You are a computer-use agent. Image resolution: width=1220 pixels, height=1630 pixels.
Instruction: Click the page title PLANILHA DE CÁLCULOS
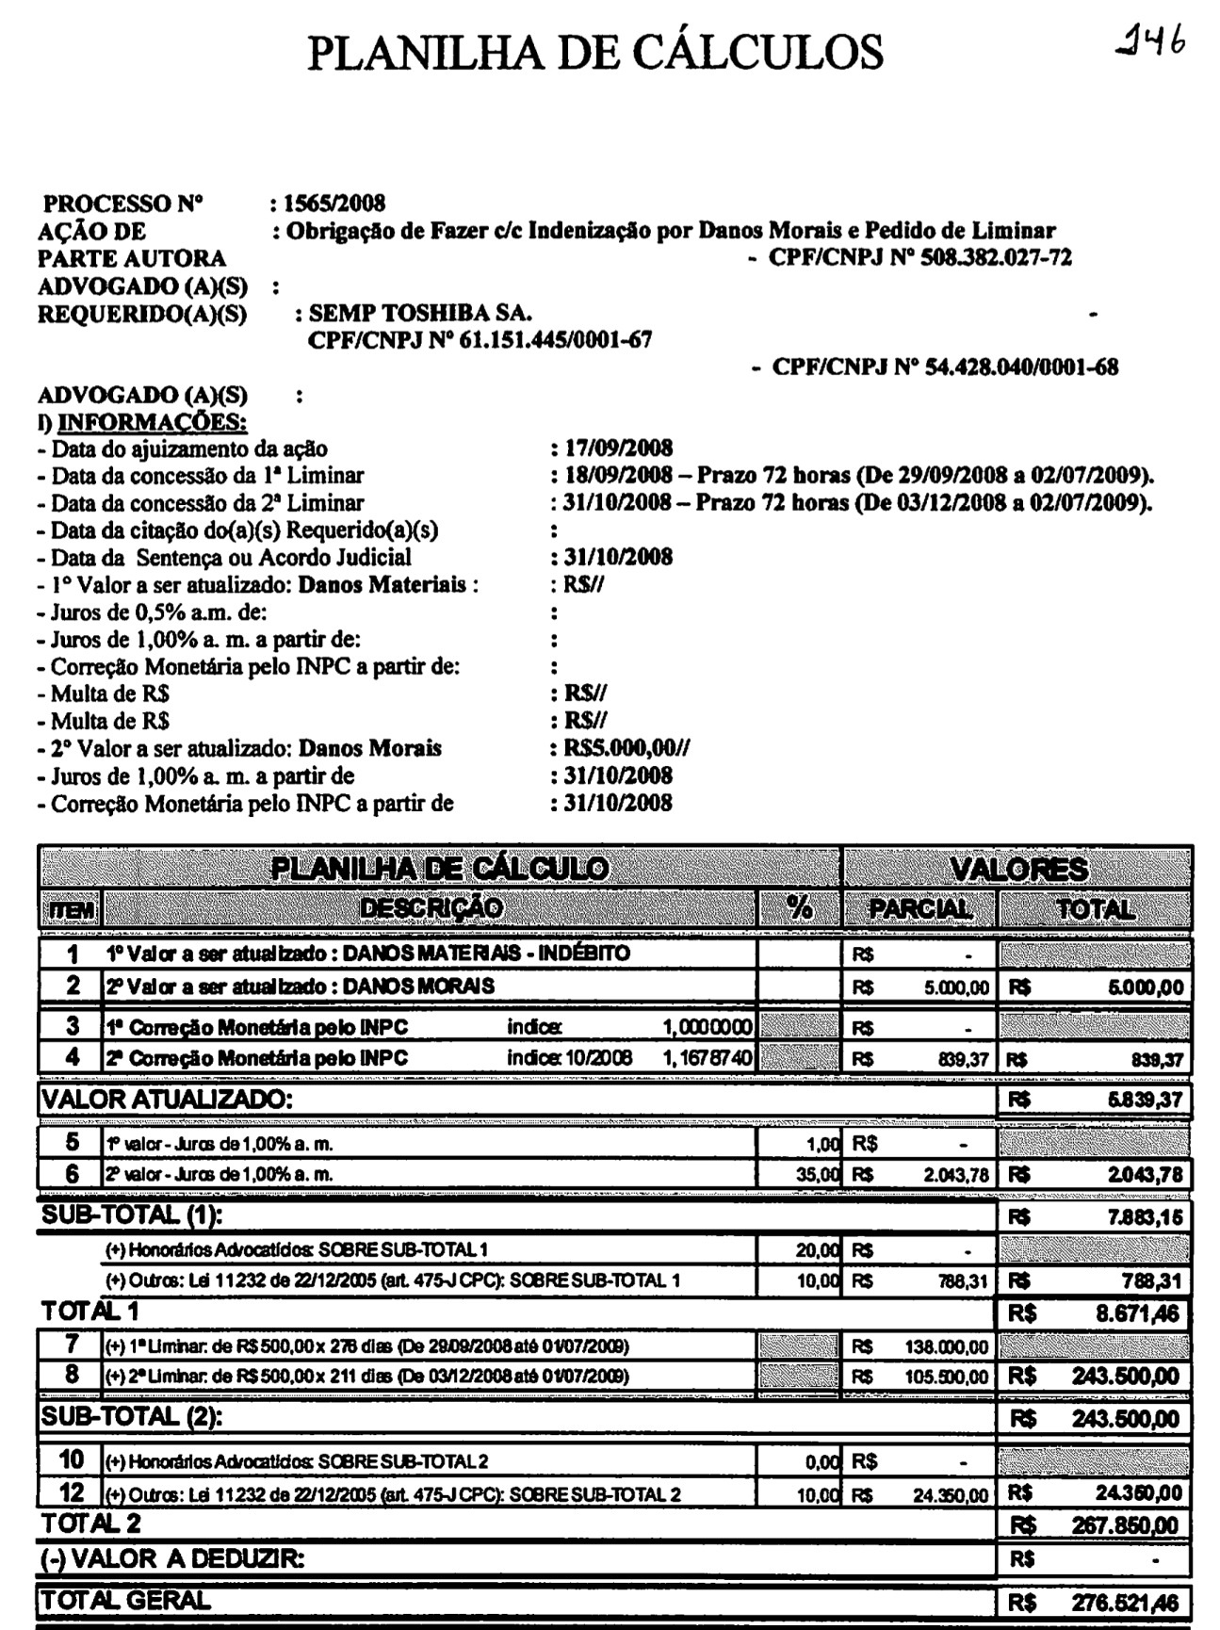tap(595, 53)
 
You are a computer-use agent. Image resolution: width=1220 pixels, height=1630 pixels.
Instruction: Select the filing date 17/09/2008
tap(618, 448)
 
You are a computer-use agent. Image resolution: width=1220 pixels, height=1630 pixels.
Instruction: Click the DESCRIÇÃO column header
tap(432, 908)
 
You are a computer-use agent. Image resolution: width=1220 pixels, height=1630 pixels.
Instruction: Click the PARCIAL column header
tap(919, 909)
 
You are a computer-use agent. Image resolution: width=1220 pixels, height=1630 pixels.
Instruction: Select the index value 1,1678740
tap(708, 1058)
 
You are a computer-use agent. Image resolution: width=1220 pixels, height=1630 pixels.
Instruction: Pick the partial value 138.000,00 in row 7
tap(947, 1347)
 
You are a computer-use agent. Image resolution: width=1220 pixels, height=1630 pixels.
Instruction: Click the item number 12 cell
tap(72, 1492)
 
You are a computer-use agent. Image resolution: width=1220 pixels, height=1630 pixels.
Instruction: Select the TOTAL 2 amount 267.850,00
tap(1126, 1525)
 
